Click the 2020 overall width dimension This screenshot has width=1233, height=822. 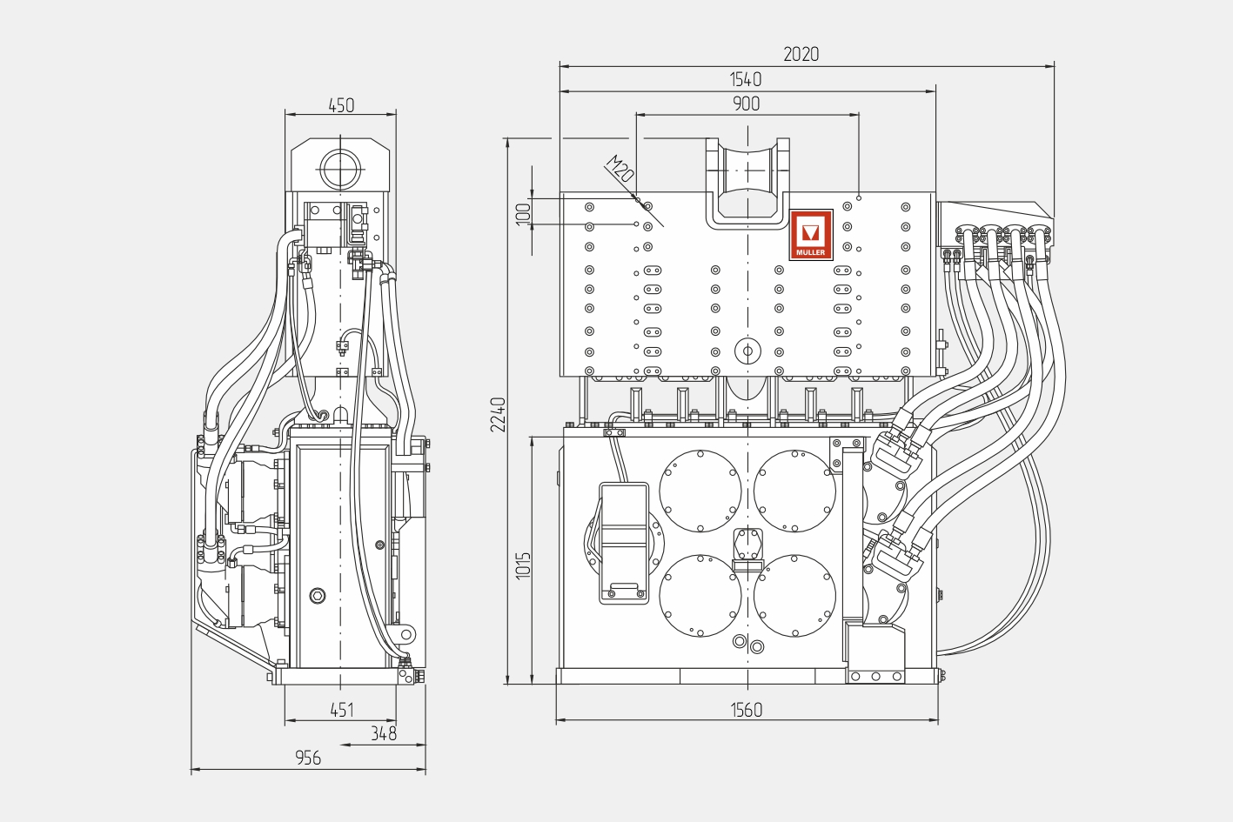(801, 55)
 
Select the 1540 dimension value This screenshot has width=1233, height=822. (746, 80)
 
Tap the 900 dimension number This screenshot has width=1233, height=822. (747, 104)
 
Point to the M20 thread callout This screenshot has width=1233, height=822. (620, 169)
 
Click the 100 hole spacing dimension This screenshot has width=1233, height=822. (523, 212)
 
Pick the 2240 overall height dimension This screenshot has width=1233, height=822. (498, 415)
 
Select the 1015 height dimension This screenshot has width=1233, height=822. (523, 565)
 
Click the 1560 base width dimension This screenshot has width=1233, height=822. (747, 711)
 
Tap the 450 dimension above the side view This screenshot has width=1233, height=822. (341, 105)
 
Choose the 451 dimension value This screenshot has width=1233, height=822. (341, 711)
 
